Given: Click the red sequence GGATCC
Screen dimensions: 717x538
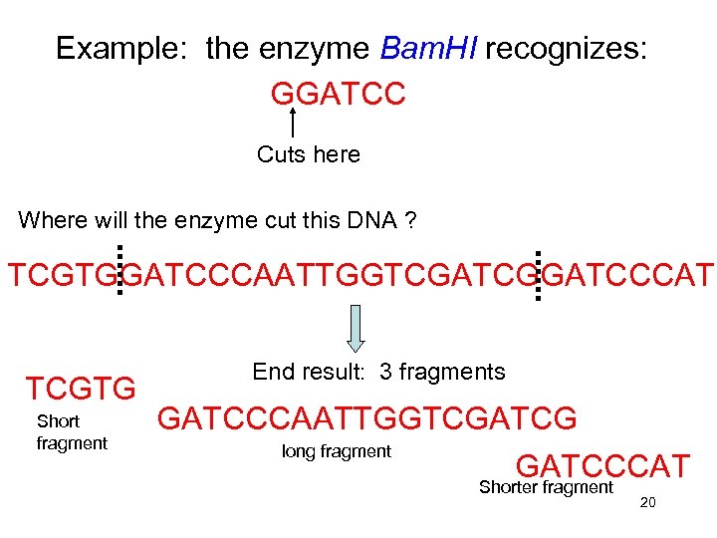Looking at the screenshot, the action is [338, 94].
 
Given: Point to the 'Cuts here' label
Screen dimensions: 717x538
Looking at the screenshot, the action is [309, 154].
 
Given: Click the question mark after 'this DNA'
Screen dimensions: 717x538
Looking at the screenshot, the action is [410, 220].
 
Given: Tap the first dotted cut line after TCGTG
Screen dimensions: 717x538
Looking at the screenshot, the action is [119, 270].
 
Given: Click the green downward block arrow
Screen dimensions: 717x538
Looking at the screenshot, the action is [358, 329].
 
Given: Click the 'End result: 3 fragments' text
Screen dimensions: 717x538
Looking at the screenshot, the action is [378, 373].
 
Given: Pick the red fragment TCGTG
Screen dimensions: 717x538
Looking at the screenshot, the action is [81, 389].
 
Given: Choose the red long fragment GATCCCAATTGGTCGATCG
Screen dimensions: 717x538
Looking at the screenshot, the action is [366, 418].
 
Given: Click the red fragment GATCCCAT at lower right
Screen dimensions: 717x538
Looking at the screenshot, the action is [601, 465].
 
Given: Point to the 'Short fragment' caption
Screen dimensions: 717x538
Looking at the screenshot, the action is [71, 432].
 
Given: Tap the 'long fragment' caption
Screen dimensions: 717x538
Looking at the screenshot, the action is [337, 451].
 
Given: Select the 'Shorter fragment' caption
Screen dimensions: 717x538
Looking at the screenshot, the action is [546, 487].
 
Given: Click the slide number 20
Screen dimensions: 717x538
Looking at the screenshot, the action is [647, 503].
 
